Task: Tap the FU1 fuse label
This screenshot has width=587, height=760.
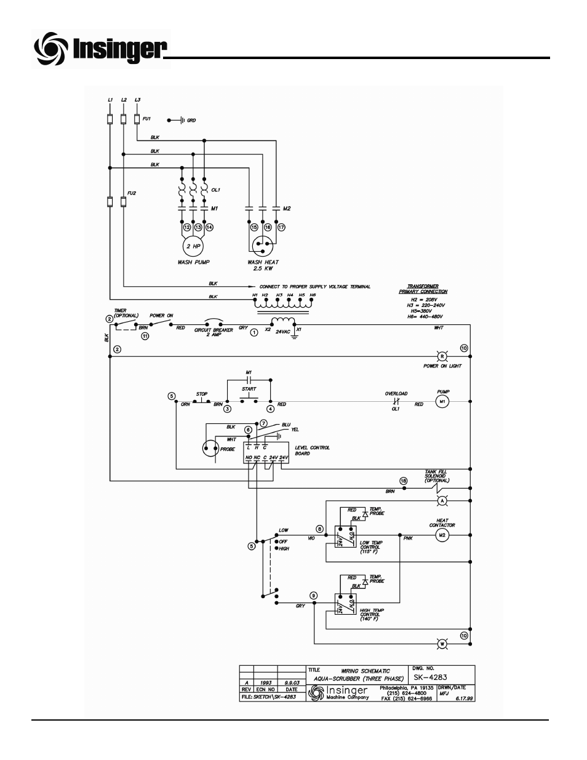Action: click(x=146, y=118)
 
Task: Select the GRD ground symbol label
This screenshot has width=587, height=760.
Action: click(x=191, y=120)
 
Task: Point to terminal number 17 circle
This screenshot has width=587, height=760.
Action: click(x=282, y=227)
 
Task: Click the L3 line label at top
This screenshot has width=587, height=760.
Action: click(x=137, y=99)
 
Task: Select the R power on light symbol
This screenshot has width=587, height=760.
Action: click(x=441, y=356)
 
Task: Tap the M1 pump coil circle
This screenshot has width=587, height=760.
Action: click(x=441, y=402)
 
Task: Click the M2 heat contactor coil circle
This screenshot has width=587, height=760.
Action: click(x=441, y=536)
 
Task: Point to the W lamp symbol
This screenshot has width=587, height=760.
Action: click(x=441, y=644)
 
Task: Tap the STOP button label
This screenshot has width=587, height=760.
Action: click(x=201, y=394)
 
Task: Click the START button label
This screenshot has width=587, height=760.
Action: click(x=249, y=389)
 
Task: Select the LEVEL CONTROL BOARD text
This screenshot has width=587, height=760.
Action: click(x=312, y=450)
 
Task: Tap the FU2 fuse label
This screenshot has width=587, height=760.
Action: click(x=132, y=193)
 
